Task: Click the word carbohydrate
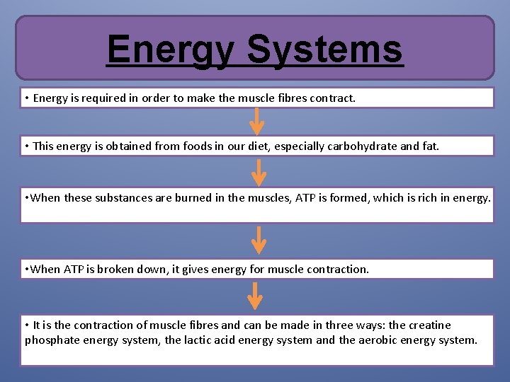[x=363, y=146]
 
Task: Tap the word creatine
[x=429, y=325]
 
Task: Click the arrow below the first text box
[x=258, y=122]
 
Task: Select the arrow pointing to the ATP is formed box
[x=259, y=172]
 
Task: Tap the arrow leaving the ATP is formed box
[x=259, y=240]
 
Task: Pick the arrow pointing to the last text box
[x=256, y=296]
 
